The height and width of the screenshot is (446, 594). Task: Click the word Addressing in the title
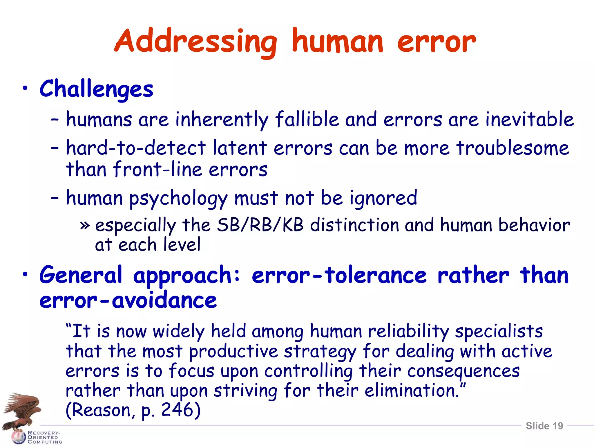click(196, 42)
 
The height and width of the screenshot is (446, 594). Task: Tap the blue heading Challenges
click(96, 89)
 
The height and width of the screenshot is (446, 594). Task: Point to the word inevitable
click(530, 119)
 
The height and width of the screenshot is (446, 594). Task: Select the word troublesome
click(513, 148)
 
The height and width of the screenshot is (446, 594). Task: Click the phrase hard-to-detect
click(136, 148)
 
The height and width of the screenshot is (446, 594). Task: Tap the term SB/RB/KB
click(260, 225)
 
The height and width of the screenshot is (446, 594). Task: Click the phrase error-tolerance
click(339, 275)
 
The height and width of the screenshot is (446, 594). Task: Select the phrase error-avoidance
click(128, 301)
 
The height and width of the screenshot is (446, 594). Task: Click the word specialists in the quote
click(499, 331)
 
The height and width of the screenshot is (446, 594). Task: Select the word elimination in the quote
click(412, 391)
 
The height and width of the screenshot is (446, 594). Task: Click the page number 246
click(177, 410)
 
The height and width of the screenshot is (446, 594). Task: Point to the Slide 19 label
click(544, 426)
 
